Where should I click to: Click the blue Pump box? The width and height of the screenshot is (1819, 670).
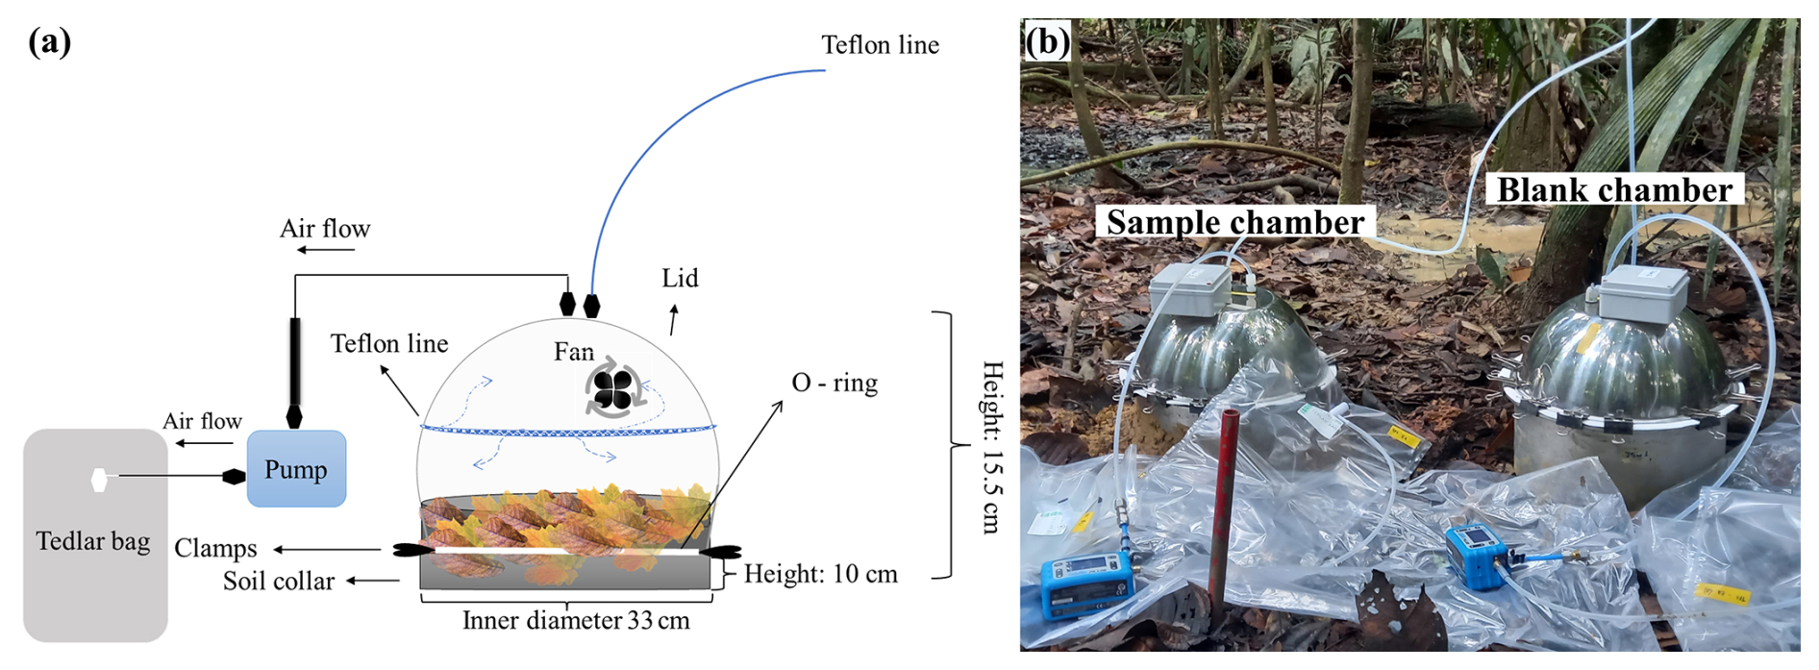pos(296,468)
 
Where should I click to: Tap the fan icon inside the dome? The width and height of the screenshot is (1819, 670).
pos(611,389)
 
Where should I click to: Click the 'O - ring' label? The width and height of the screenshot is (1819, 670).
pos(834,383)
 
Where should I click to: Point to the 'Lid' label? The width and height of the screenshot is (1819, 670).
pos(680,279)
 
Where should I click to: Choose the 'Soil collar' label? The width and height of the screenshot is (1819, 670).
pos(279,581)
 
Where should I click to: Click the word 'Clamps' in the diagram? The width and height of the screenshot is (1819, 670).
pos(215,548)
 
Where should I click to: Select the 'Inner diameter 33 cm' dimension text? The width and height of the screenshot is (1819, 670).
pos(576,621)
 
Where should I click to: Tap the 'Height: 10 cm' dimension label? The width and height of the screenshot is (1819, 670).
pos(820,574)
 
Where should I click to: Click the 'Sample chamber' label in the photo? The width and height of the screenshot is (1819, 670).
pos(1234,222)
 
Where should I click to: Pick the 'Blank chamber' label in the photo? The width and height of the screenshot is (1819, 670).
pos(1614,189)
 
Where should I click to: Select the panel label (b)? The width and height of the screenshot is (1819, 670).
pos(1047,41)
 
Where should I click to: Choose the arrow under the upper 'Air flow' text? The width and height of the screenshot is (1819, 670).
pos(326,250)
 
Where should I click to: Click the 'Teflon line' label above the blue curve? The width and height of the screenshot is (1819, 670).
pos(880,45)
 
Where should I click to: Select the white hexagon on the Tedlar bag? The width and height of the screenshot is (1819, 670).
pos(98,479)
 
